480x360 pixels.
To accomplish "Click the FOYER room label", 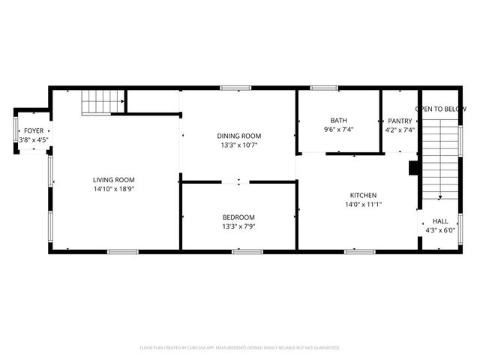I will (34, 131).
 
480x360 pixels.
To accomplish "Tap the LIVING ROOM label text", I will (114, 179).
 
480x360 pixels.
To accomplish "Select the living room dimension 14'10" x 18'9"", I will (114, 189).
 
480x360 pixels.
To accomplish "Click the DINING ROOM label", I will (239, 136).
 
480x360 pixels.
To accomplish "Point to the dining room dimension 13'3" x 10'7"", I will (239, 145).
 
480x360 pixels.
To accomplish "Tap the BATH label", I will (338, 120).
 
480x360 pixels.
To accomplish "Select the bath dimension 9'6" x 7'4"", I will (338, 130).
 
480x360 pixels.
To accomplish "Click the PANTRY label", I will (399, 120).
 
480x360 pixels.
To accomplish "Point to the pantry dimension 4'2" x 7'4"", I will (399, 130).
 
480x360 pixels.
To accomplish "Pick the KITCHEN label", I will (364, 194).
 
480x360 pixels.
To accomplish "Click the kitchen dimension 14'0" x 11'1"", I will (364, 204).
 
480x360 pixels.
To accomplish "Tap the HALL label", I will (439, 221).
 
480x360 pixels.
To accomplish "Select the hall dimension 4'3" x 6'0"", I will (439, 231).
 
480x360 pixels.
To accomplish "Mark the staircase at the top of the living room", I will (103, 101).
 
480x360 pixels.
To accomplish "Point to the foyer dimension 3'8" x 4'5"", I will (34, 139).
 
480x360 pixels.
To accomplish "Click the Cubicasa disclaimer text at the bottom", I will (239, 348).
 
